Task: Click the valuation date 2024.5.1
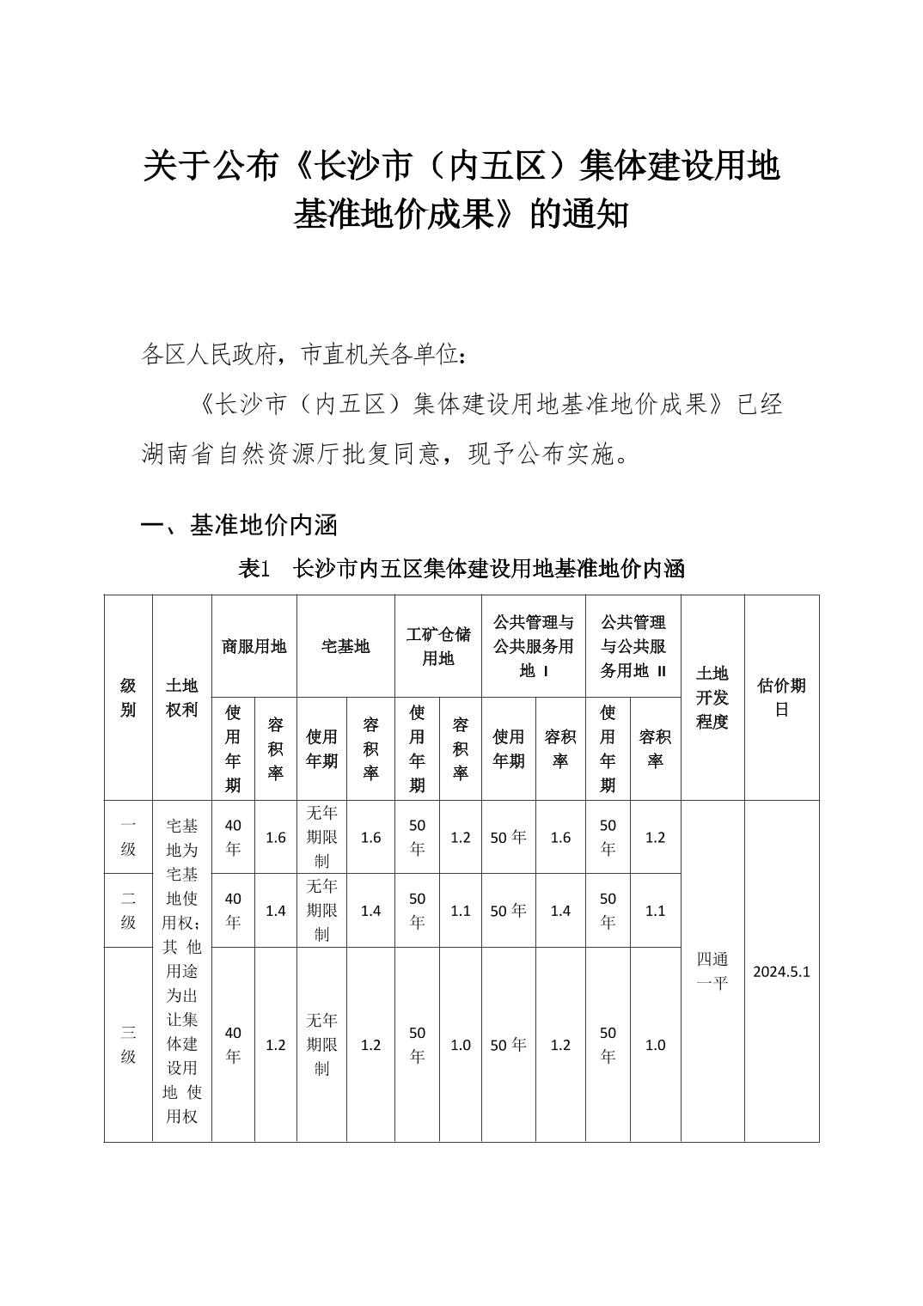click(x=781, y=972)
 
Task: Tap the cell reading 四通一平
click(x=712, y=971)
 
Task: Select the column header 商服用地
click(x=254, y=646)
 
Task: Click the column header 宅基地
click(x=345, y=646)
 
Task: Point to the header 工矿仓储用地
click(x=438, y=646)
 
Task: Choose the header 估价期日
click(x=781, y=697)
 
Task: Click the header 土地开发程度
click(x=712, y=697)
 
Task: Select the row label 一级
click(x=128, y=837)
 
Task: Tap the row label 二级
click(x=128, y=910)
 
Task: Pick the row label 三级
click(x=128, y=1044)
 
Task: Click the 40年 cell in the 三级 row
click(x=233, y=1044)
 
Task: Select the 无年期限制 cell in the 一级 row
click(x=321, y=837)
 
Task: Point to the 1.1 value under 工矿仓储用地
click(x=461, y=910)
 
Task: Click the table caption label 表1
click(x=254, y=568)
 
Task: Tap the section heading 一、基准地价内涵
click(x=239, y=524)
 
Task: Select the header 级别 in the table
click(x=128, y=697)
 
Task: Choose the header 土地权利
click(x=181, y=697)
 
